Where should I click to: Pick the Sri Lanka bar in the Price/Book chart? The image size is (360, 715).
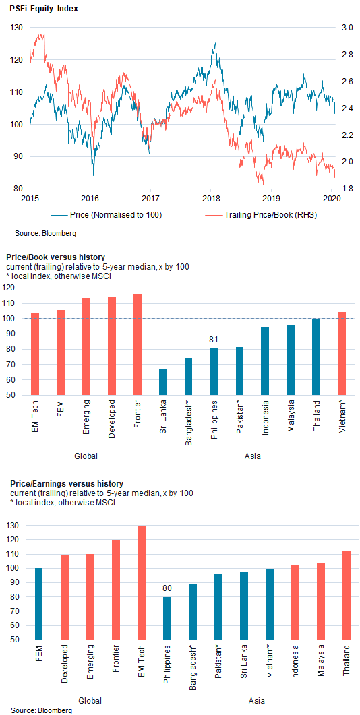coord(163,381)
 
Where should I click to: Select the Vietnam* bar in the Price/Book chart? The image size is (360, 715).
coord(342,353)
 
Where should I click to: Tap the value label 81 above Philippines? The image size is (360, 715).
coord(214,339)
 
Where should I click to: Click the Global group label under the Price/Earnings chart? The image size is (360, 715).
coord(90,700)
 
